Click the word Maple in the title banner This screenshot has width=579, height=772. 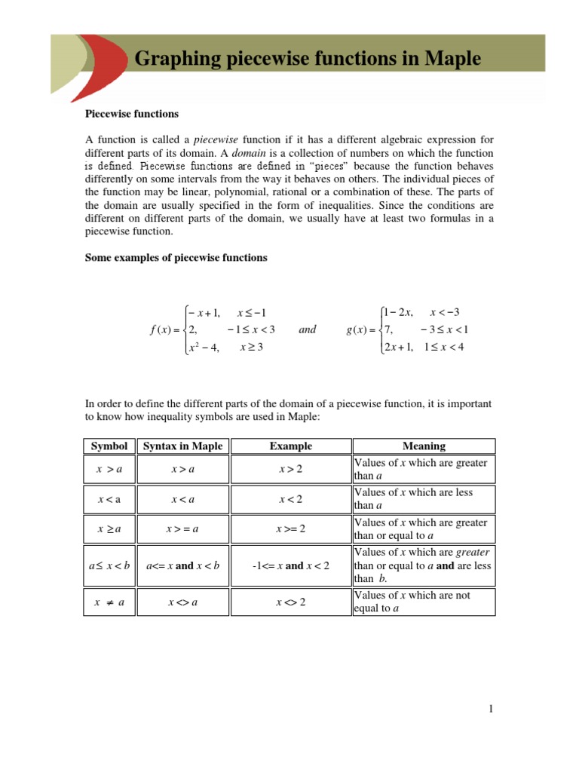(452, 58)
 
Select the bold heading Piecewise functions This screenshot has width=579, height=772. (131, 114)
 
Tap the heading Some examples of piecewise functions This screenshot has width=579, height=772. (176, 258)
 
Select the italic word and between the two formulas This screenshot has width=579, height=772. (308, 329)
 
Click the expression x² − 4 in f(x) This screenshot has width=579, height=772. (203, 348)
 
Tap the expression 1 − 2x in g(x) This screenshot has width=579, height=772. (400, 312)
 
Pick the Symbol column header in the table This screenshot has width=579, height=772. (109, 446)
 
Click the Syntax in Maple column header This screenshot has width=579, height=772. (183, 446)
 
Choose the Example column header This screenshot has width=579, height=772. (291, 446)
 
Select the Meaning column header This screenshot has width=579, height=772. (424, 446)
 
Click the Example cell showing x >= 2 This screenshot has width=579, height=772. (291, 529)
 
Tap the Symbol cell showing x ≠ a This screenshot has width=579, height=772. (109, 602)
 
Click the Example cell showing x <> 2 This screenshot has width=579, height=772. (291, 602)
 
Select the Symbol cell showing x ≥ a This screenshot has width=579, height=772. (109, 529)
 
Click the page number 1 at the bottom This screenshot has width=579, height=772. (490, 709)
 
